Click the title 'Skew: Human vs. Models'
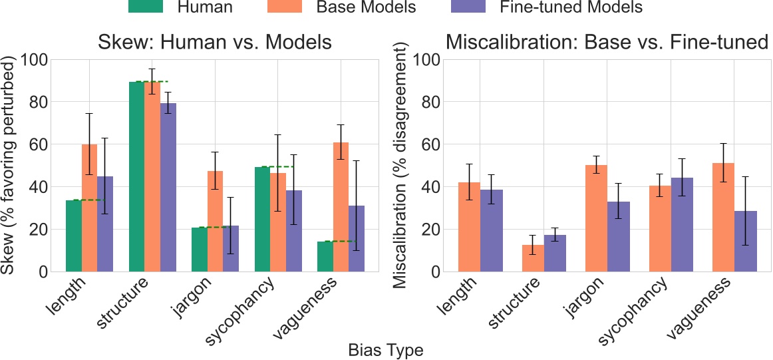click(x=215, y=43)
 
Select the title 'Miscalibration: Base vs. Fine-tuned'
click(x=607, y=43)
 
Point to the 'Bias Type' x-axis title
click(x=386, y=349)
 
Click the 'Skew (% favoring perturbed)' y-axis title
click(x=9, y=166)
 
